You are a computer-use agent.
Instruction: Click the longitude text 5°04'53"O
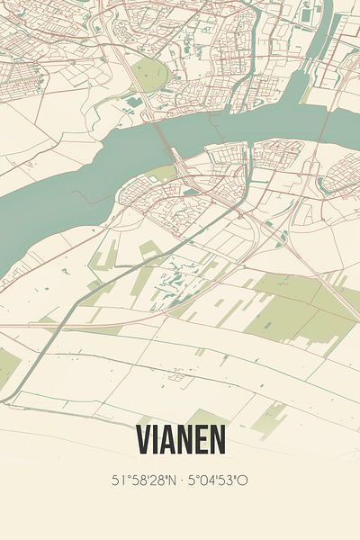point(219,481)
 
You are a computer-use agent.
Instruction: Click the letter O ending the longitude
point(243,481)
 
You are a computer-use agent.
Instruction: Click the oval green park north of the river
point(151,76)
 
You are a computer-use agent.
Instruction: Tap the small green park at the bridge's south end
point(163,173)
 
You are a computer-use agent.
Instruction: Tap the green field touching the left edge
point(7,365)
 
